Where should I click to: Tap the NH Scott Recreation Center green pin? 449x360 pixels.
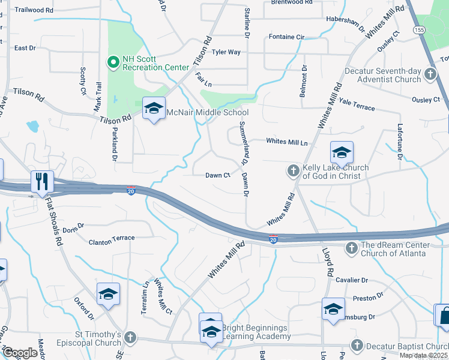tap(112, 62)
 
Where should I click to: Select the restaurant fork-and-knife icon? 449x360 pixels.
tap(42, 181)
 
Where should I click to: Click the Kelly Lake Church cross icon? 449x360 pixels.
tap(294, 171)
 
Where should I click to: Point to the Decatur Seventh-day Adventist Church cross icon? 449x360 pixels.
tap(430, 74)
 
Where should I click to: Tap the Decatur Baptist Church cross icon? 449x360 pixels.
tap(357, 346)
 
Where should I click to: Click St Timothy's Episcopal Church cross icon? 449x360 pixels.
tap(130, 338)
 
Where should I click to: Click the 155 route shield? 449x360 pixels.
tap(418, 29)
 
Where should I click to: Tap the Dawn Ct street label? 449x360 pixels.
tap(218, 175)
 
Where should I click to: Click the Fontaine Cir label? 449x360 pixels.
tap(286, 37)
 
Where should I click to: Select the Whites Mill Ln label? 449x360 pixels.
tap(286, 142)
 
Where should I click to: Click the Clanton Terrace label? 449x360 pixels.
tap(112, 239)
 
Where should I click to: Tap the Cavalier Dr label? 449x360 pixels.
tap(352, 280)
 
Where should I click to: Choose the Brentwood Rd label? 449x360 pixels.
tap(292, 2)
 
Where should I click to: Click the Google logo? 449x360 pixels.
tap(20, 352)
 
